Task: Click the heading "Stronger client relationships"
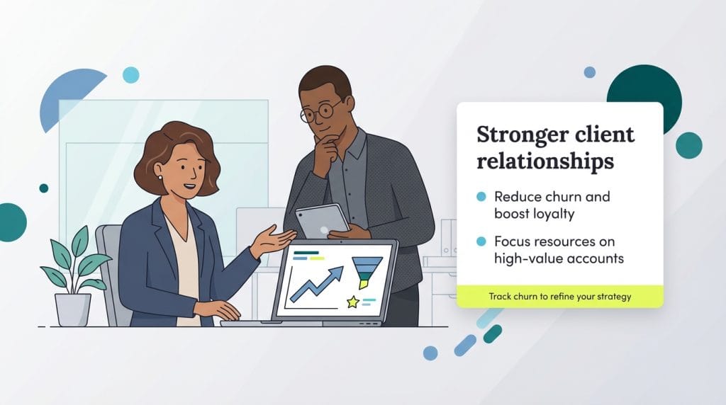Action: click(555, 147)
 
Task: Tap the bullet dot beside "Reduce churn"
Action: click(481, 196)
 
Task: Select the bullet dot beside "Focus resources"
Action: click(481, 242)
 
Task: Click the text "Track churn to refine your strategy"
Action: click(559, 297)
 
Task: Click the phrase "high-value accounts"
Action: click(559, 258)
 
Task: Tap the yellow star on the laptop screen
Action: click(352, 302)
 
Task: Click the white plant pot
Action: click(73, 309)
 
